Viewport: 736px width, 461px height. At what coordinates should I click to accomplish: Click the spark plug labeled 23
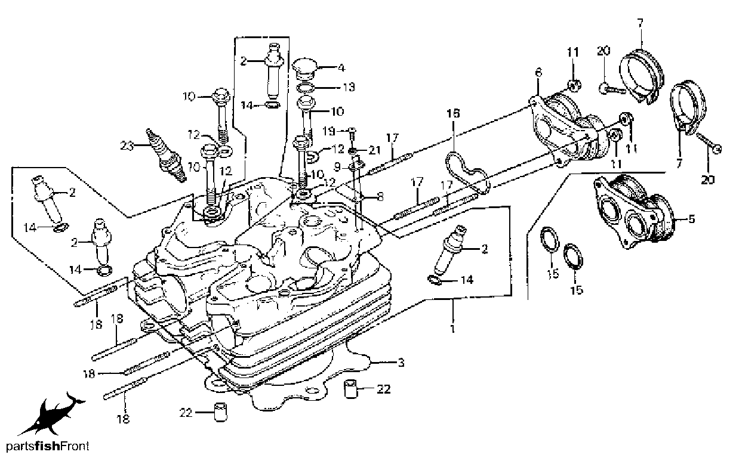click(167, 155)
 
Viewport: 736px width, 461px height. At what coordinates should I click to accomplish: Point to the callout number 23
click(128, 146)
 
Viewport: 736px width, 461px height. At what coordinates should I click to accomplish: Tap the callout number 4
click(341, 68)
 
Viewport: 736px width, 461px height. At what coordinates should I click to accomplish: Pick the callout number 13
click(349, 87)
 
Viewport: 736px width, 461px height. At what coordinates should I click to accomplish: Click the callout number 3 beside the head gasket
click(401, 363)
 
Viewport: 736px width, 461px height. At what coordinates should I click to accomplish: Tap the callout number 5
click(692, 219)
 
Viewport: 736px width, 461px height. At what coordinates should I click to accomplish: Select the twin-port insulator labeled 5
click(633, 213)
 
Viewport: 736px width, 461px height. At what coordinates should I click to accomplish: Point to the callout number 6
click(538, 73)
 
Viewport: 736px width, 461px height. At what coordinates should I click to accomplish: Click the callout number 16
click(453, 113)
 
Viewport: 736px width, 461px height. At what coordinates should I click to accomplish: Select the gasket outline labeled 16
click(467, 172)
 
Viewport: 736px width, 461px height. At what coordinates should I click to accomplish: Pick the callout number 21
click(374, 150)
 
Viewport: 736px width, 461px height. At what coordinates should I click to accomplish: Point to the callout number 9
click(338, 168)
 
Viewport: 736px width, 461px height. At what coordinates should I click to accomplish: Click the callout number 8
click(380, 197)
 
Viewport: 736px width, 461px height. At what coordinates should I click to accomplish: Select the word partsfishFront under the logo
click(48, 447)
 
